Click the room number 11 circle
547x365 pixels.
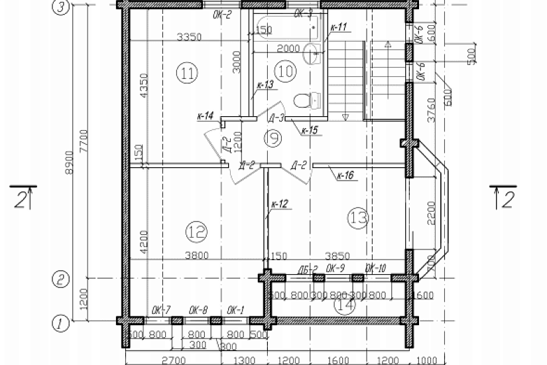point(188,72)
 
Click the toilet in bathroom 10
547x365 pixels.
point(303,101)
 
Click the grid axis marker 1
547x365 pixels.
point(60,325)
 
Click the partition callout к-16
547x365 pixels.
point(345,176)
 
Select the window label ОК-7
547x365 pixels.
point(161,309)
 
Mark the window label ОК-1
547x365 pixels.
point(235,309)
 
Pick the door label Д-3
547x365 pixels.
point(276,118)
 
